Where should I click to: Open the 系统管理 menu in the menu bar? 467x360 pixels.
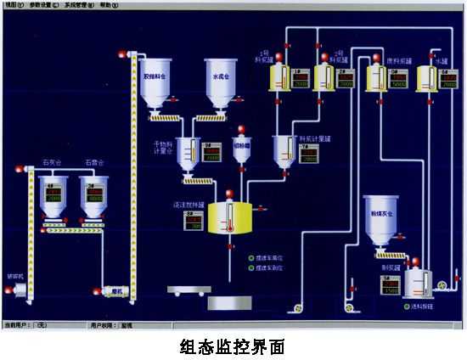(x=79, y=4)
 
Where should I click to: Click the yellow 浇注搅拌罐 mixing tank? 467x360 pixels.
(x=228, y=217)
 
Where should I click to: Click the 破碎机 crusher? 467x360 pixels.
(x=15, y=290)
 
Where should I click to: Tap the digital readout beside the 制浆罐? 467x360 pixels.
(x=391, y=287)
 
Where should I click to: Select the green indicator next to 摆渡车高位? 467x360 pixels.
(x=250, y=257)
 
